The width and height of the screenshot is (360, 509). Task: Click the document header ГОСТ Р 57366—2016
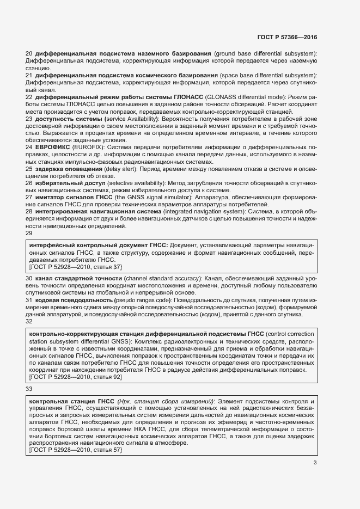coord(286,38)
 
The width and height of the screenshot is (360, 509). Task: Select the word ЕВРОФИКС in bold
coord(54,147)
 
